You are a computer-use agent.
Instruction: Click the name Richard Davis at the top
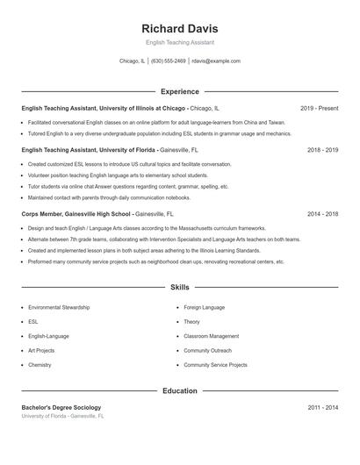click(x=179, y=28)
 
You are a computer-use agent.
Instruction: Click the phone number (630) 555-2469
click(x=169, y=61)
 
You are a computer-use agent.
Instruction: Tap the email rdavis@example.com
click(x=215, y=61)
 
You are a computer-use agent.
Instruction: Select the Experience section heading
click(x=179, y=91)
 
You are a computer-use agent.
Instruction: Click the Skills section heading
click(x=179, y=287)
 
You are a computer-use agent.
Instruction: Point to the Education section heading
click(x=179, y=390)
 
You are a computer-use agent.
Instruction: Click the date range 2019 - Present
click(x=319, y=108)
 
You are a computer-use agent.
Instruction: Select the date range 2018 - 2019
click(x=322, y=150)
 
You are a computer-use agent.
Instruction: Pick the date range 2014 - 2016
click(x=322, y=213)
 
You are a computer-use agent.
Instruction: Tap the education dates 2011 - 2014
click(x=322, y=408)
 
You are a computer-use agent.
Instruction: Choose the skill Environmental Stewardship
click(x=59, y=308)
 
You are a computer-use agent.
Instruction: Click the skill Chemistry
click(x=40, y=364)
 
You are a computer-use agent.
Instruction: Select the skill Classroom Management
click(x=211, y=336)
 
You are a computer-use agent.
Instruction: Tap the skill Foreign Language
click(x=205, y=308)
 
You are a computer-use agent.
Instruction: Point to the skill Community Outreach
click(x=207, y=350)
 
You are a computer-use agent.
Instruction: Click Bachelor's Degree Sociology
click(x=61, y=408)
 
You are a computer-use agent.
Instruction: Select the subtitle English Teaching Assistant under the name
click(x=179, y=42)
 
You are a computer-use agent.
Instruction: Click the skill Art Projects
click(x=41, y=350)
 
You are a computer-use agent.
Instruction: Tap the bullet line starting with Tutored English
click(x=159, y=134)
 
